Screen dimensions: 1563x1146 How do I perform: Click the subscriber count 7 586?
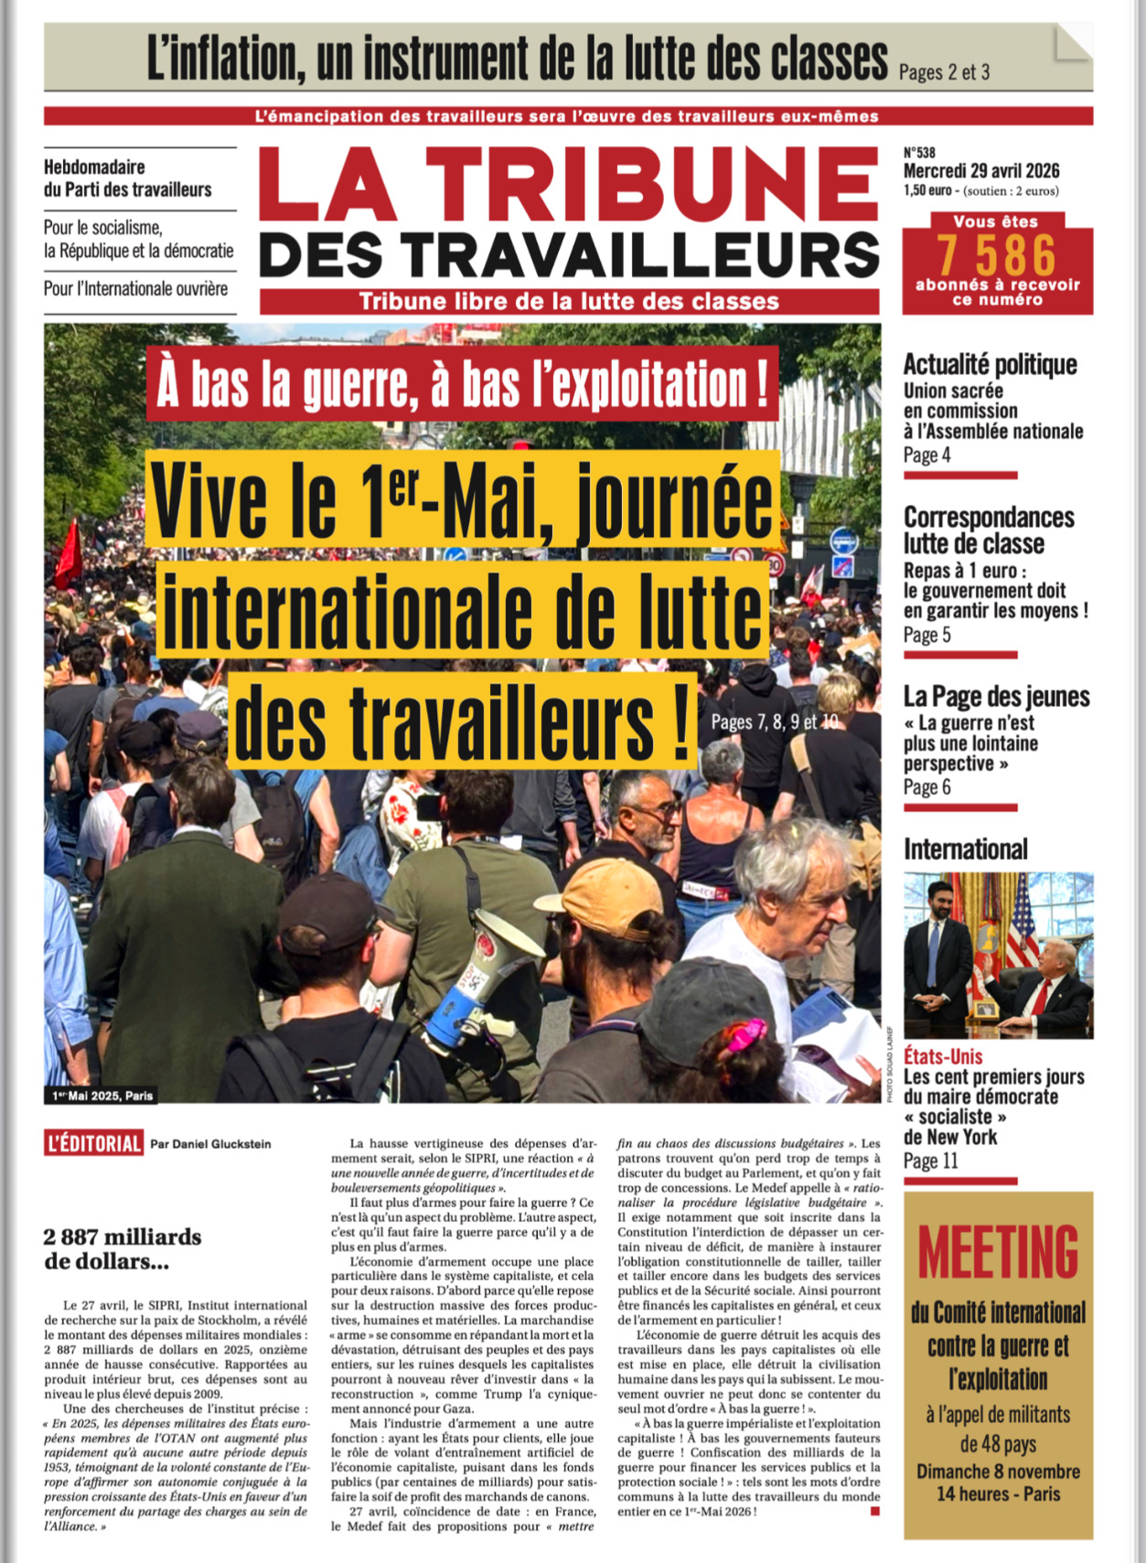(x=996, y=254)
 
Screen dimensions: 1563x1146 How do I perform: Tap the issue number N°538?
(x=919, y=153)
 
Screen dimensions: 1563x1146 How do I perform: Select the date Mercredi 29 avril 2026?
(x=981, y=171)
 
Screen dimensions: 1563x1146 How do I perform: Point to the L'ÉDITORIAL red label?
(x=94, y=1143)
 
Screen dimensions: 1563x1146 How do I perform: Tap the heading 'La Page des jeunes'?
(x=996, y=697)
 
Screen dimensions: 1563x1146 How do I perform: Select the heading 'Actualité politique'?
(x=990, y=365)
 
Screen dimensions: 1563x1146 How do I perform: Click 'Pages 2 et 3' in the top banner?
(x=944, y=71)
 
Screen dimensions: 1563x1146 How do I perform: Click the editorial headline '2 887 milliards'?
(x=123, y=1237)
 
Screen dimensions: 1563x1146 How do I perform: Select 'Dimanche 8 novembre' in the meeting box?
(x=998, y=1472)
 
